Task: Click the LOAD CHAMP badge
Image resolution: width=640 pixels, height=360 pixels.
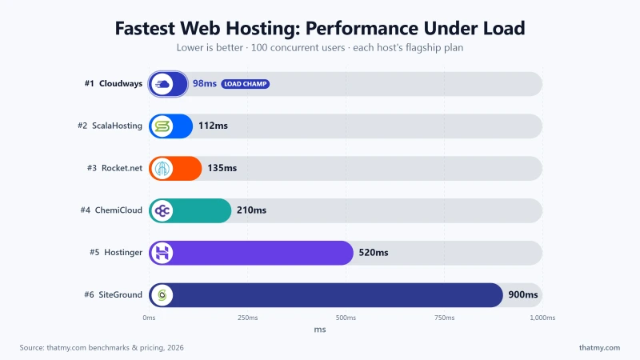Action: click(x=246, y=84)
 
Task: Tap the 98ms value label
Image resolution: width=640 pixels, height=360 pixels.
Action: click(x=205, y=84)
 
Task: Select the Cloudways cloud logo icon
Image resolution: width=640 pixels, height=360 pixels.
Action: click(x=162, y=84)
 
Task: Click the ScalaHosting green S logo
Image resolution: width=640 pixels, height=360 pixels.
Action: click(x=162, y=126)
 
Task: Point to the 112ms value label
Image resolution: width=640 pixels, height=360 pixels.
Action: click(x=213, y=126)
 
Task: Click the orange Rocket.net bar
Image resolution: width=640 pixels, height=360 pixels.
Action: click(x=175, y=168)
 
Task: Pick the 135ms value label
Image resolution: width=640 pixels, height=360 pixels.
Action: click(x=222, y=168)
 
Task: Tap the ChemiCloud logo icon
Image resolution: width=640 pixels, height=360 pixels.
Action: click(x=162, y=210)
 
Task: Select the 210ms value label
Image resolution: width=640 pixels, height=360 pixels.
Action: click(x=251, y=210)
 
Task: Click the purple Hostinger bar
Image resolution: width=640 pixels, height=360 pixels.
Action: click(x=251, y=253)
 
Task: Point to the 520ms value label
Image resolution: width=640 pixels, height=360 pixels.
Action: click(x=374, y=253)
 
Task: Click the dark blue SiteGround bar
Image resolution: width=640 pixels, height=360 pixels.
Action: click(x=326, y=295)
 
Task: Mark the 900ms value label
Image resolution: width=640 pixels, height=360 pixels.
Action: click(x=523, y=294)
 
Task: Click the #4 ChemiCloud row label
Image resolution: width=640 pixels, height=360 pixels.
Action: click(x=111, y=210)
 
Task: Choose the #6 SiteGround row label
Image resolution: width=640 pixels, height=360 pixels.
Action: click(x=113, y=294)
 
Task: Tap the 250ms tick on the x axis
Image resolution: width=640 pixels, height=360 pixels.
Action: click(x=248, y=318)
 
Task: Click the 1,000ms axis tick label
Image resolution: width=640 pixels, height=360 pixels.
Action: click(x=542, y=318)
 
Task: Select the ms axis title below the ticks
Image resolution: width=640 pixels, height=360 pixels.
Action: click(x=320, y=330)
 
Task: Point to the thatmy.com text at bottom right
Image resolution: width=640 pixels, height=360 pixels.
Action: click(x=599, y=348)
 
